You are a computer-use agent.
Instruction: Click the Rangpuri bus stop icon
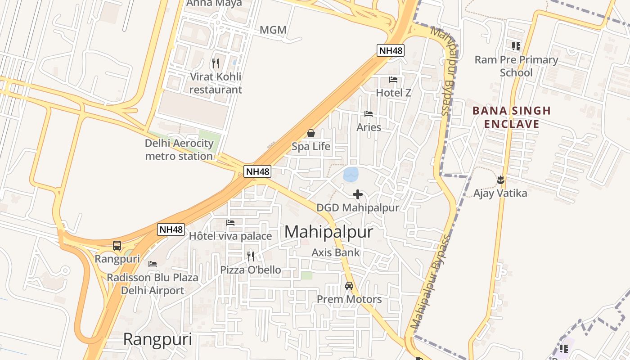point(117,246)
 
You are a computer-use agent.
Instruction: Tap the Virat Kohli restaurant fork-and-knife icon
point(216,63)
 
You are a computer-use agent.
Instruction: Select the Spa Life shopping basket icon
point(310,133)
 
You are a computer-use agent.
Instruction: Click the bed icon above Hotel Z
point(393,80)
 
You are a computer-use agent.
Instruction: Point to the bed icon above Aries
point(369,114)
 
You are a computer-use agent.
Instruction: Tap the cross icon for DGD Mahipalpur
point(358,194)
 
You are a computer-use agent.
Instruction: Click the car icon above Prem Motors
point(349,286)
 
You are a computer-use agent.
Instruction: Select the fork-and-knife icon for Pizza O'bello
point(251,256)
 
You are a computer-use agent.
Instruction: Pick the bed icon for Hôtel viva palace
point(230,223)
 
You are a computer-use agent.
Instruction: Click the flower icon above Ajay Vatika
point(500,180)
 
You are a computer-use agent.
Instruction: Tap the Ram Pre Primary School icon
point(516,46)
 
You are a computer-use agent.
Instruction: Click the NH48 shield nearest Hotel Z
point(391,50)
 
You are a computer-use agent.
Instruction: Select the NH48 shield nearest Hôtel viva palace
point(171,229)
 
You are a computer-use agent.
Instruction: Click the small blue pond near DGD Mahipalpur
point(351,175)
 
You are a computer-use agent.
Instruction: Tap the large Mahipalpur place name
point(329,232)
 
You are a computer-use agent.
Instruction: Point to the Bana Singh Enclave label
point(512,117)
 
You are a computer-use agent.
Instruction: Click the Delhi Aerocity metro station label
point(179,150)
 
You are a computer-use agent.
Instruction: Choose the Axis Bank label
point(336,252)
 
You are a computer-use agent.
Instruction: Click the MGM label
point(273,30)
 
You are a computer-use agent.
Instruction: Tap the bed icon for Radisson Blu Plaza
point(153,264)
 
